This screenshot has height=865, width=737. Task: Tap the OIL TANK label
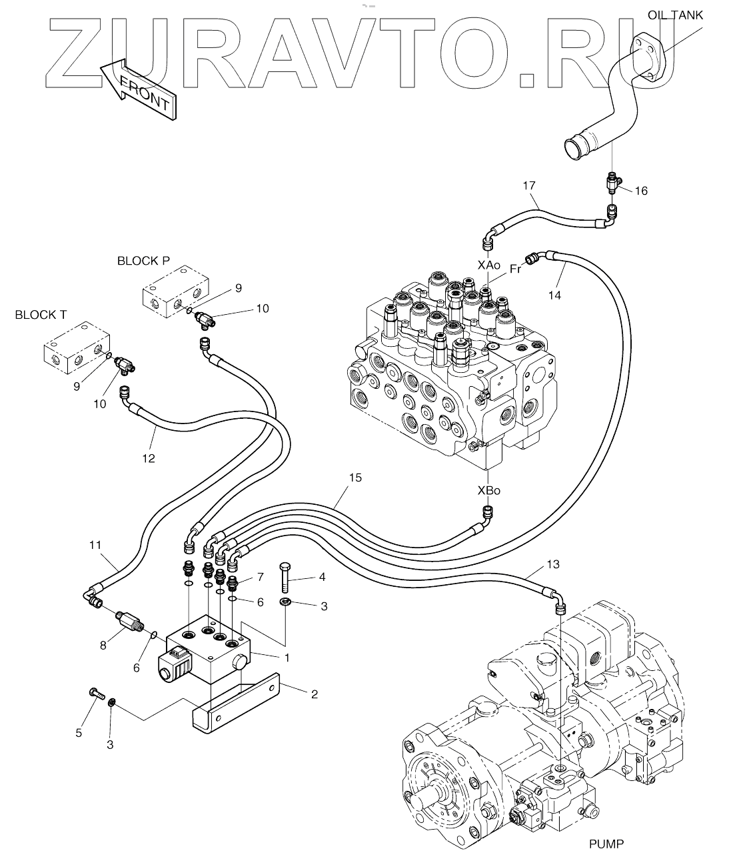pyautogui.click(x=675, y=15)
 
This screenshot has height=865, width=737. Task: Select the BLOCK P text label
pyautogui.click(x=143, y=261)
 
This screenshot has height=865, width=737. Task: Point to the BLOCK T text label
pyautogui.click(x=41, y=314)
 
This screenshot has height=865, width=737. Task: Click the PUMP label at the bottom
pyautogui.click(x=606, y=844)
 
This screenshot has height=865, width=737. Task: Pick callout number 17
pyautogui.click(x=530, y=185)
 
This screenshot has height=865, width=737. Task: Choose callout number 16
pyautogui.click(x=640, y=191)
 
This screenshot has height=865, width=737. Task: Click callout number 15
pyautogui.click(x=355, y=478)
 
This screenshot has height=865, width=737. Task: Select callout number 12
pyautogui.click(x=148, y=458)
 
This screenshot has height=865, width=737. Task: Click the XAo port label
pyautogui.click(x=488, y=265)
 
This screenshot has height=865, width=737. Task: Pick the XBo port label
pyautogui.click(x=488, y=490)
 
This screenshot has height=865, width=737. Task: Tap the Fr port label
pyautogui.click(x=515, y=269)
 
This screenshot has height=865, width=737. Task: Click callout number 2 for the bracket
pyautogui.click(x=314, y=694)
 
